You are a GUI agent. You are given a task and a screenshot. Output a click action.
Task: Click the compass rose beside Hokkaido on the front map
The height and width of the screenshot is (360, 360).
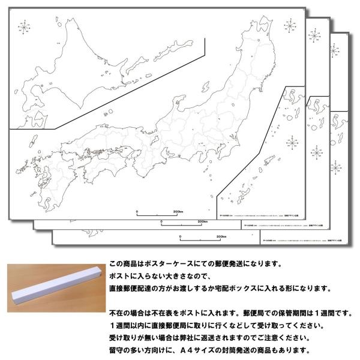[x=25, y=28]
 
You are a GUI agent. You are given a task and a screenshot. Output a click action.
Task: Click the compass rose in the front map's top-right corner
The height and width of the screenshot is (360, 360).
[x=289, y=27]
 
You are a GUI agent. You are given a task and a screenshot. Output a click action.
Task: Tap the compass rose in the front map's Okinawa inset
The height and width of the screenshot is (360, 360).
[x=292, y=142]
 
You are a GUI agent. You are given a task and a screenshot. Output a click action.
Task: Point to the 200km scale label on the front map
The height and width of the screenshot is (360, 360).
[x=178, y=212]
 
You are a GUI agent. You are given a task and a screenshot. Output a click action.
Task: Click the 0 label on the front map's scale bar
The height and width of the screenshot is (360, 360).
[x=137, y=212]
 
